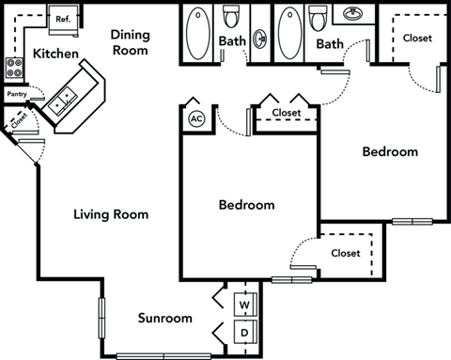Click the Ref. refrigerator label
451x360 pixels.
(64, 18)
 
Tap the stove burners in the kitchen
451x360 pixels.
(16, 67)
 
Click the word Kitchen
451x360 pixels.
(54, 55)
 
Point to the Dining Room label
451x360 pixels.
(130, 41)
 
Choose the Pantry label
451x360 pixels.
(16, 94)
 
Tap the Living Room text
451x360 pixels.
(111, 214)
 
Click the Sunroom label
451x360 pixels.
(164, 318)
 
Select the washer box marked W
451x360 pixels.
(243, 304)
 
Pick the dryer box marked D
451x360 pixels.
(243, 332)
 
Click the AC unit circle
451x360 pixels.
(196, 118)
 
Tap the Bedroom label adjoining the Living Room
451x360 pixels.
(246, 204)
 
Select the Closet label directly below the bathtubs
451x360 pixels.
(286, 113)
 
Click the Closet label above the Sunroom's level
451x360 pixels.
(345, 253)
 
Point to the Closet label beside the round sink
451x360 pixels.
(416, 38)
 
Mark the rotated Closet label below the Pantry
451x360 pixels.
(18, 119)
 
